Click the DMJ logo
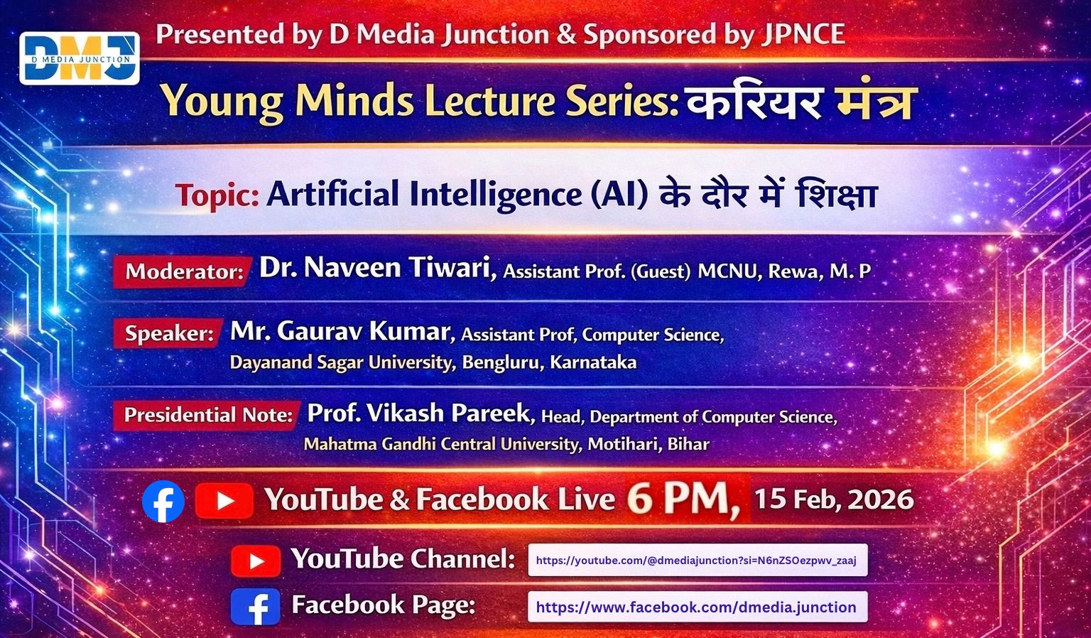point(80,58)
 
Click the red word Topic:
point(217,196)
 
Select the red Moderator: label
point(184,272)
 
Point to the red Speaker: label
point(168,334)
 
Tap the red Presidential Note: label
point(207,415)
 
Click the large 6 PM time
point(683,499)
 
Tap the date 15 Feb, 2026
point(834,499)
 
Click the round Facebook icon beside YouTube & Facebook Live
point(163,501)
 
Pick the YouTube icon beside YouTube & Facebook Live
point(224,501)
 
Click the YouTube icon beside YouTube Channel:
point(256,561)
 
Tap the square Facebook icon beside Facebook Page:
point(255,606)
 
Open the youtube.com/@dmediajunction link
point(698,560)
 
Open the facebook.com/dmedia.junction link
point(698,607)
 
